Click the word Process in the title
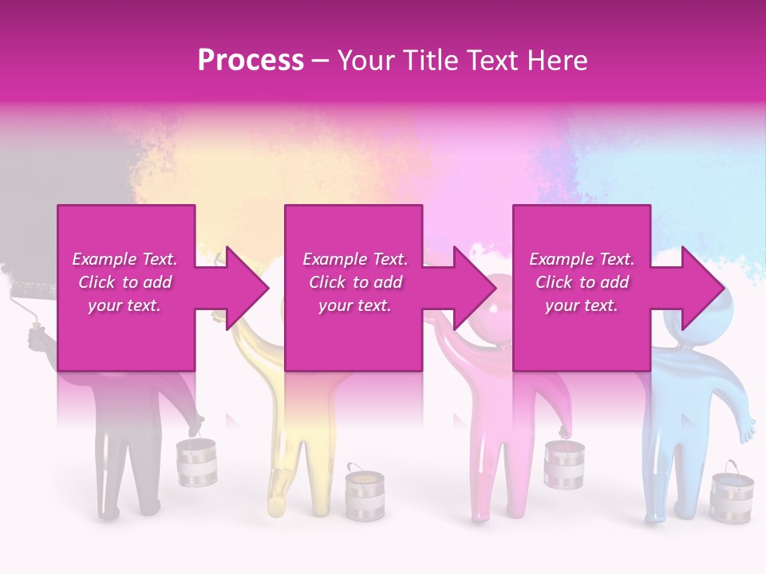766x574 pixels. click(x=251, y=61)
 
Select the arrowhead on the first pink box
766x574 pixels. click(x=239, y=288)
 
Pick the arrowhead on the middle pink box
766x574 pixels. click(x=468, y=288)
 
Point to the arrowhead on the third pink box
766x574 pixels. click(x=695, y=288)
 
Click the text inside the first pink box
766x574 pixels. click(x=124, y=282)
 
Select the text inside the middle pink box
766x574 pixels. click(x=355, y=282)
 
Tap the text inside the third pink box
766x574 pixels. click(x=582, y=282)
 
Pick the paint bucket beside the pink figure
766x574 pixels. click(x=564, y=463)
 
